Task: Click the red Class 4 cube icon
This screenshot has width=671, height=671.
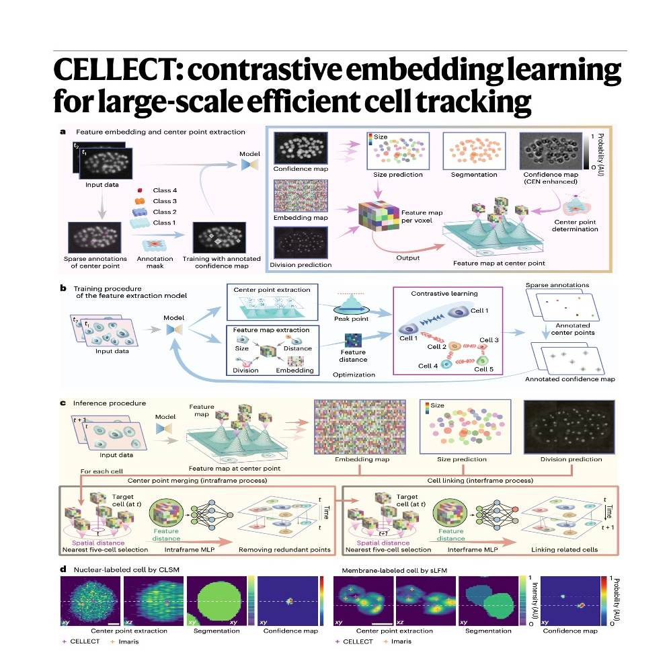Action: (139, 190)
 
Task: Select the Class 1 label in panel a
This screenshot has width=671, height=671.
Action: (165, 223)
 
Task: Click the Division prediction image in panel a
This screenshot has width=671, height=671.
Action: (301, 243)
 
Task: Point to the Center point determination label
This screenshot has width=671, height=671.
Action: (575, 225)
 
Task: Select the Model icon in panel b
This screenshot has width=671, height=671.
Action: (174, 329)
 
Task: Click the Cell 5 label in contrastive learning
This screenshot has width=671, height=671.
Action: (483, 369)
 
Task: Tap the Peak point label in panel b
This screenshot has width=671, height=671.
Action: (352, 319)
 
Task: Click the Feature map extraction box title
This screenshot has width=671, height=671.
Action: (272, 330)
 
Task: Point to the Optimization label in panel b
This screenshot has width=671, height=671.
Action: (354, 375)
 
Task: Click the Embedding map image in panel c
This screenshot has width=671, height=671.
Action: (360, 427)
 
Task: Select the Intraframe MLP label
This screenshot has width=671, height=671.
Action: (190, 549)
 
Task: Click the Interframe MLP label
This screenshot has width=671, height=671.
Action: (473, 549)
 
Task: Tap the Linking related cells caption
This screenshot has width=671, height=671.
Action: (565, 549)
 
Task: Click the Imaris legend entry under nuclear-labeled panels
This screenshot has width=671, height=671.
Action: (124, 641)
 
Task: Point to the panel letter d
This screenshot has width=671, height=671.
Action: (63, 569)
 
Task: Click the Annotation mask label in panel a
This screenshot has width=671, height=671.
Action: (155, 262)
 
